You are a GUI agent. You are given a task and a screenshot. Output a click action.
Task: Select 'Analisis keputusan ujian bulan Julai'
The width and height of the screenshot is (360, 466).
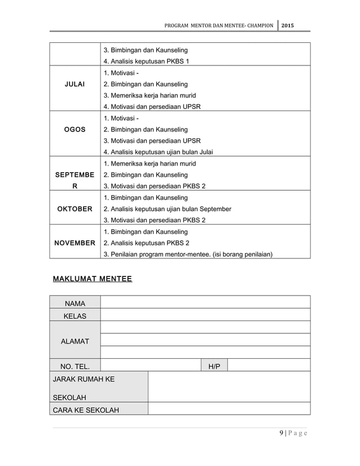(158, 152)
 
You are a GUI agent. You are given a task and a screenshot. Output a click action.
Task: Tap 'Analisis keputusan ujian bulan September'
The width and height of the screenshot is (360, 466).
(167, 209)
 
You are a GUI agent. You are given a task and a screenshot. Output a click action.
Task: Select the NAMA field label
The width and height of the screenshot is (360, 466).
(74, 304)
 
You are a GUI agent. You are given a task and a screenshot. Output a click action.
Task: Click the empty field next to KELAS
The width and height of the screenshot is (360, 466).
(205, 316)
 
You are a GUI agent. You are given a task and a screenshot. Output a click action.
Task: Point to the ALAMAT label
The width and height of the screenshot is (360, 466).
(74, 341)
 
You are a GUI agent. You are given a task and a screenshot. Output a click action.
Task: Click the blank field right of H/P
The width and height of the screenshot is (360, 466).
(269, 366)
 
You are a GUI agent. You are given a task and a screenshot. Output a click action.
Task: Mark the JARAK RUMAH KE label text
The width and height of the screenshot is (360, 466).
(84, 379)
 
